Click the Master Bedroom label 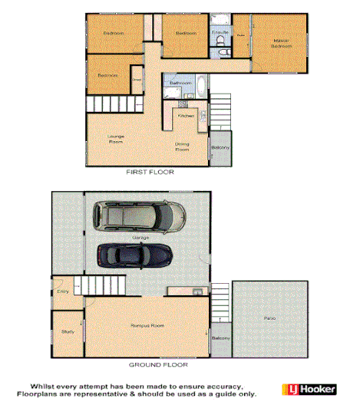281,43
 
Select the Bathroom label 180,82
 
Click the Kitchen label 186,115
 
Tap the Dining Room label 182,147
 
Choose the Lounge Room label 116,139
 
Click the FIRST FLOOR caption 147,173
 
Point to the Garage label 140,238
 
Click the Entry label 62,291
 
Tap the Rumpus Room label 149,326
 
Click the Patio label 269,317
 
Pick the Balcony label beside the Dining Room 220,147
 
